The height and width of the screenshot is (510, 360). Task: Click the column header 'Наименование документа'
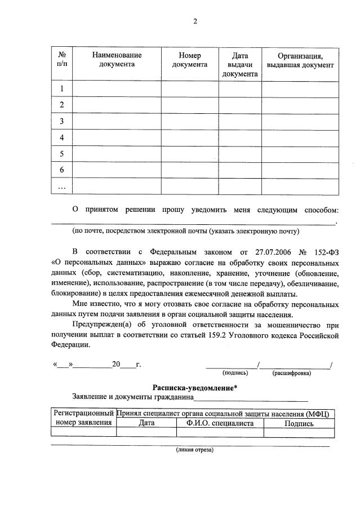click(117, 60)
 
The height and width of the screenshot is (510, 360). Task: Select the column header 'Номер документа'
click(190, 60)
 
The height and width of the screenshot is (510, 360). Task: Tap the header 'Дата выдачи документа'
click(240, 64)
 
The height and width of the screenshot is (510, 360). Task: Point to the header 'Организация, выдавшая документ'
click(300, 60)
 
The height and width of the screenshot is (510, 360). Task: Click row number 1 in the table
click(62, 88)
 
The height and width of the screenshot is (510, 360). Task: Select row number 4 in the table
click(62, 138)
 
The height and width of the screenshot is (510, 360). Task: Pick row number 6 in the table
click(62, 170)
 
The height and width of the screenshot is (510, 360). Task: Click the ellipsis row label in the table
click(62, 186)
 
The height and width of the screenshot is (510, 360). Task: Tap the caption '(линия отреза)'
click(195, 450)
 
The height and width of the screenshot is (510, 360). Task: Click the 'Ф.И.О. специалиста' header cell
click(220, 423)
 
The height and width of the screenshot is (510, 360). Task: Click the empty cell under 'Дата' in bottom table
click(146, 432)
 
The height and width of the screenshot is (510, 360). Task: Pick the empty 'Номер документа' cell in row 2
click(190, 105)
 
